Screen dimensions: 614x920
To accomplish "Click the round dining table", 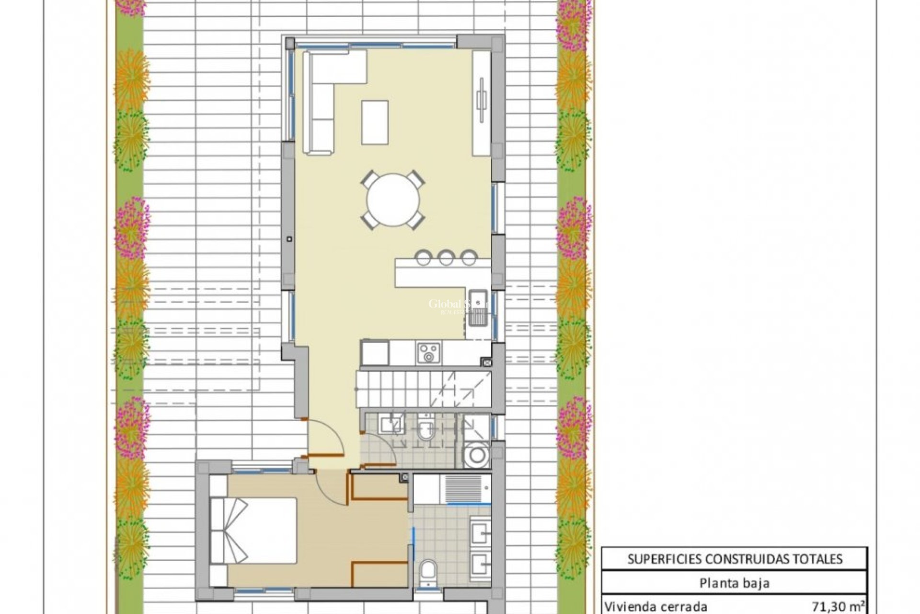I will pos(393,200).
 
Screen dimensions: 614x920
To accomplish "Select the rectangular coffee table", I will pos(374,122).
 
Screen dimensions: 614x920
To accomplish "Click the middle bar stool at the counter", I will pos(446,258).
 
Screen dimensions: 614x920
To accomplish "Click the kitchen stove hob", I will pos(428,353).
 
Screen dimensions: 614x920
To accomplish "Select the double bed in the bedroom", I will pos(254,530).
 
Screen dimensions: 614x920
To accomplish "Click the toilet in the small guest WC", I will pos(425,429).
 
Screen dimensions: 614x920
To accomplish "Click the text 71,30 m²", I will pos(841,605).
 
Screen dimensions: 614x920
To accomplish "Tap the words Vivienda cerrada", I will pos(656,605).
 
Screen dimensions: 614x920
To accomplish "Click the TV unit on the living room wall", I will pos(482,103).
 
